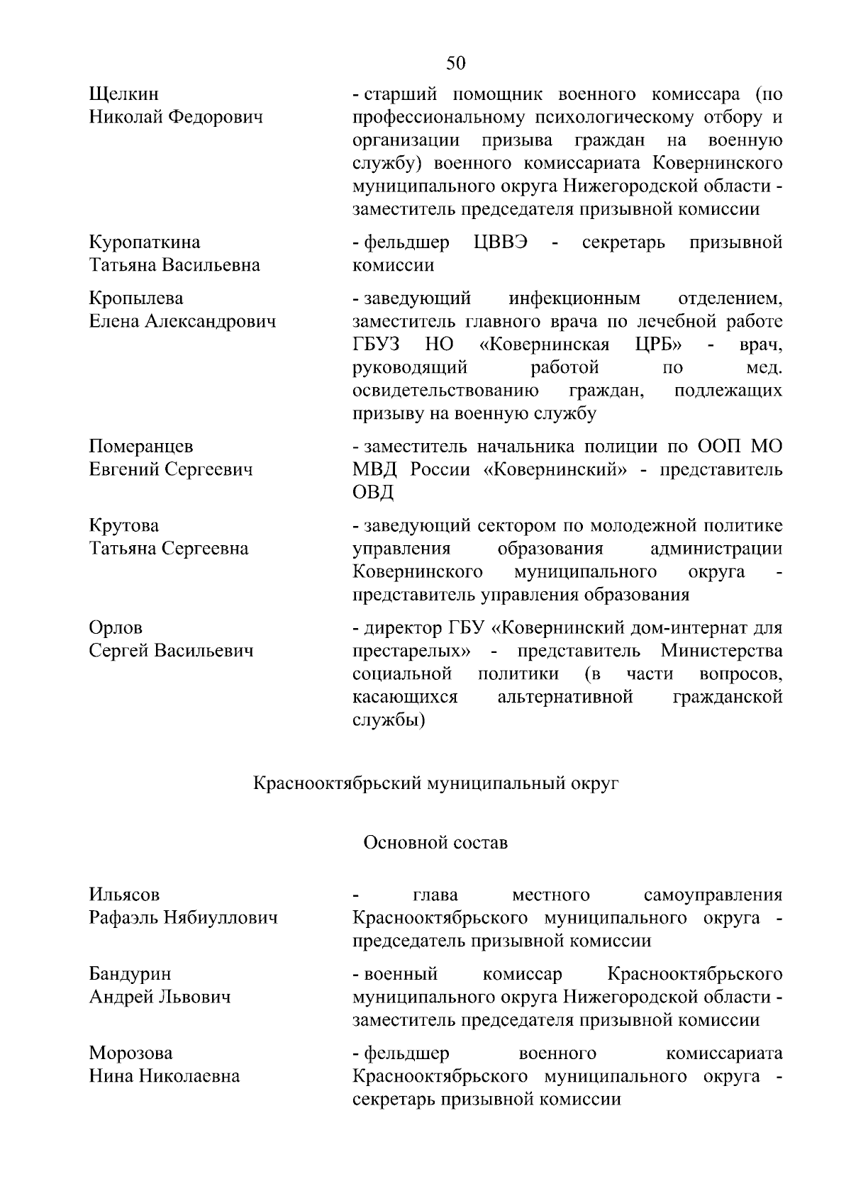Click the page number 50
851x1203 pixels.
coord(456,64)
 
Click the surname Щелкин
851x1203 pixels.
coord(124,94)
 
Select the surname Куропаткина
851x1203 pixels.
coord(145,242)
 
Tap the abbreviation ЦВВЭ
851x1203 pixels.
coord(501,242)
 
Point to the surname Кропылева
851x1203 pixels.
coord(135,298)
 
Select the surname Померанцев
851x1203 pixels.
coord(141,447)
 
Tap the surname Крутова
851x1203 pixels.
coord(124,526)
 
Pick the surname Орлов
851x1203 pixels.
coord(116,628)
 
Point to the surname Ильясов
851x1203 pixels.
coord(125,895)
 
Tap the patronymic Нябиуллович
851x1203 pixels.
coord(221,919)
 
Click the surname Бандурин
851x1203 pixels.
coord(130,975)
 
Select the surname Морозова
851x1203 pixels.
coord(130,1053)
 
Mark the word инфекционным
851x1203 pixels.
coord(574,298)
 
